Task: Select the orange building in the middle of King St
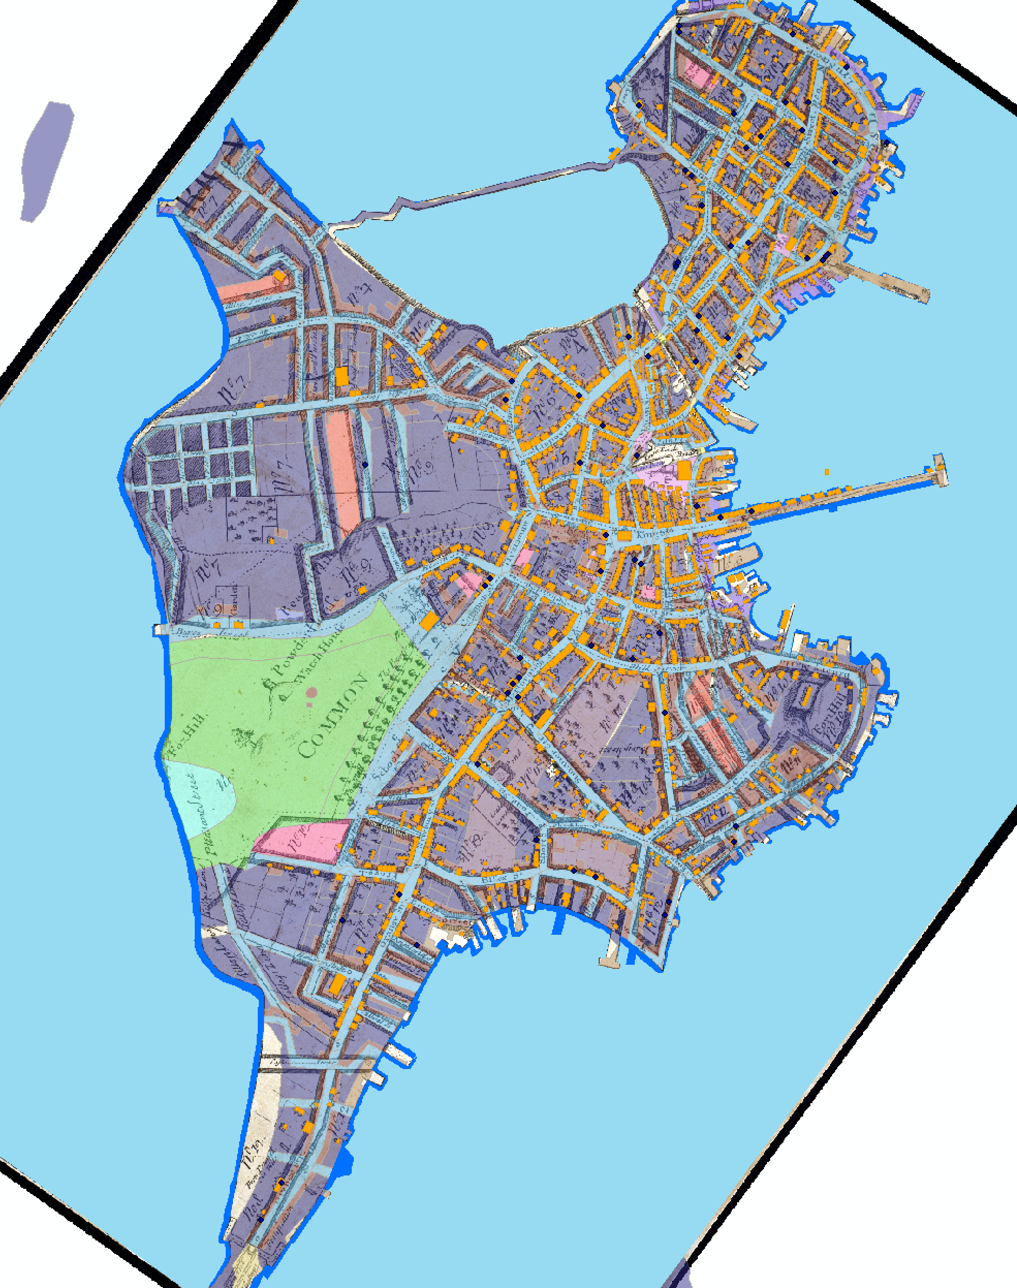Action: point(624,536)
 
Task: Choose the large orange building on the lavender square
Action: point(685,469)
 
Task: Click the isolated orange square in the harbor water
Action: point(827,472)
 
